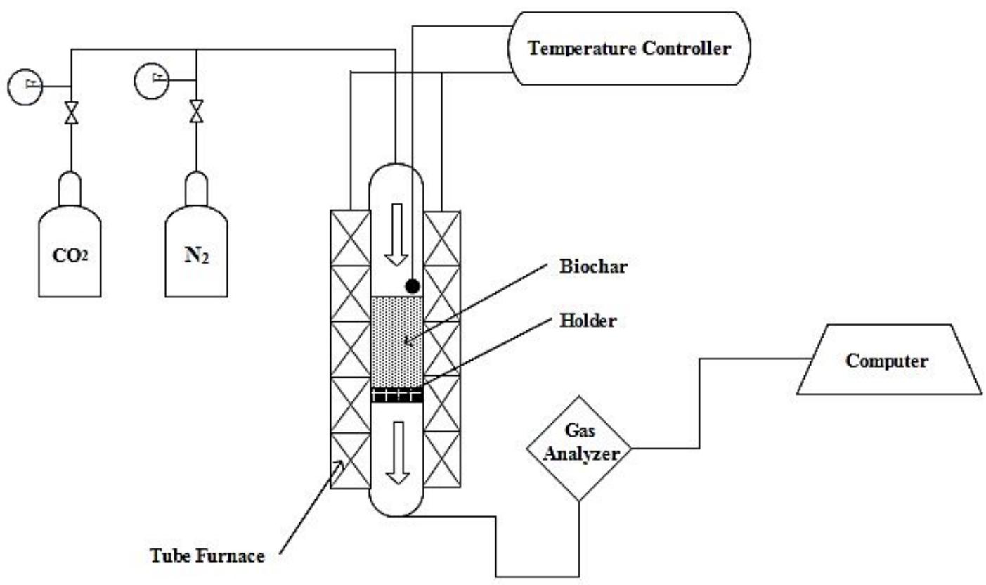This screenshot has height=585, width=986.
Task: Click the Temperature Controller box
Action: point(629,49)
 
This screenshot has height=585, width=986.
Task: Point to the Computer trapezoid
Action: point(887,360)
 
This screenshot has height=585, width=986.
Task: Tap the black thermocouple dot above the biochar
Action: point(413,285)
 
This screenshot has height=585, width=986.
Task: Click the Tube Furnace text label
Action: point(207,556)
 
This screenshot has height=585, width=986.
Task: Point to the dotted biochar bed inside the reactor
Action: point(396,341)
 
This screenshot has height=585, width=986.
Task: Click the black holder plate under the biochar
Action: point(396,395)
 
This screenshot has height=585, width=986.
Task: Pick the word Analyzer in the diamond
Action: point(580,454)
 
